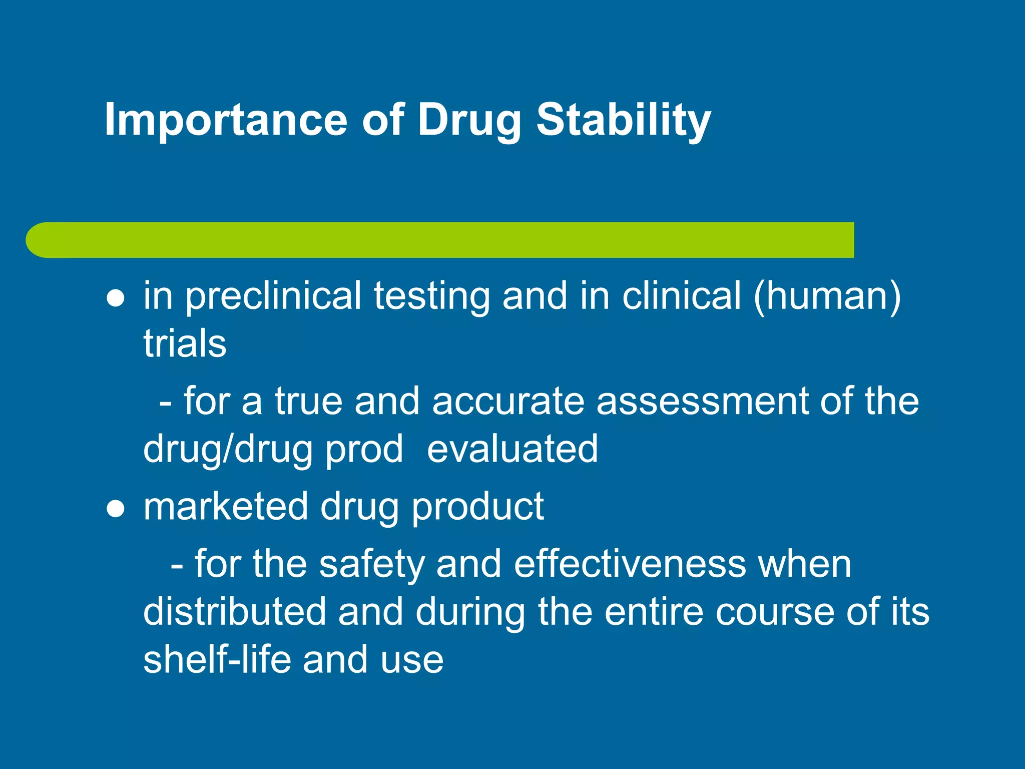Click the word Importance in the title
pos(225,120)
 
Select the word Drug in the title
pos(469,120)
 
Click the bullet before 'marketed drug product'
pos(116,509)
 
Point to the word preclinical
pos(273,296)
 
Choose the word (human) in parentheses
pos(827,296)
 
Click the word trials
pos(185,344)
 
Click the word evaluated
pos(512,449)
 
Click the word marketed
pos(226,507)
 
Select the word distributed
pos(234,612)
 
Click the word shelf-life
pos(217,659)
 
